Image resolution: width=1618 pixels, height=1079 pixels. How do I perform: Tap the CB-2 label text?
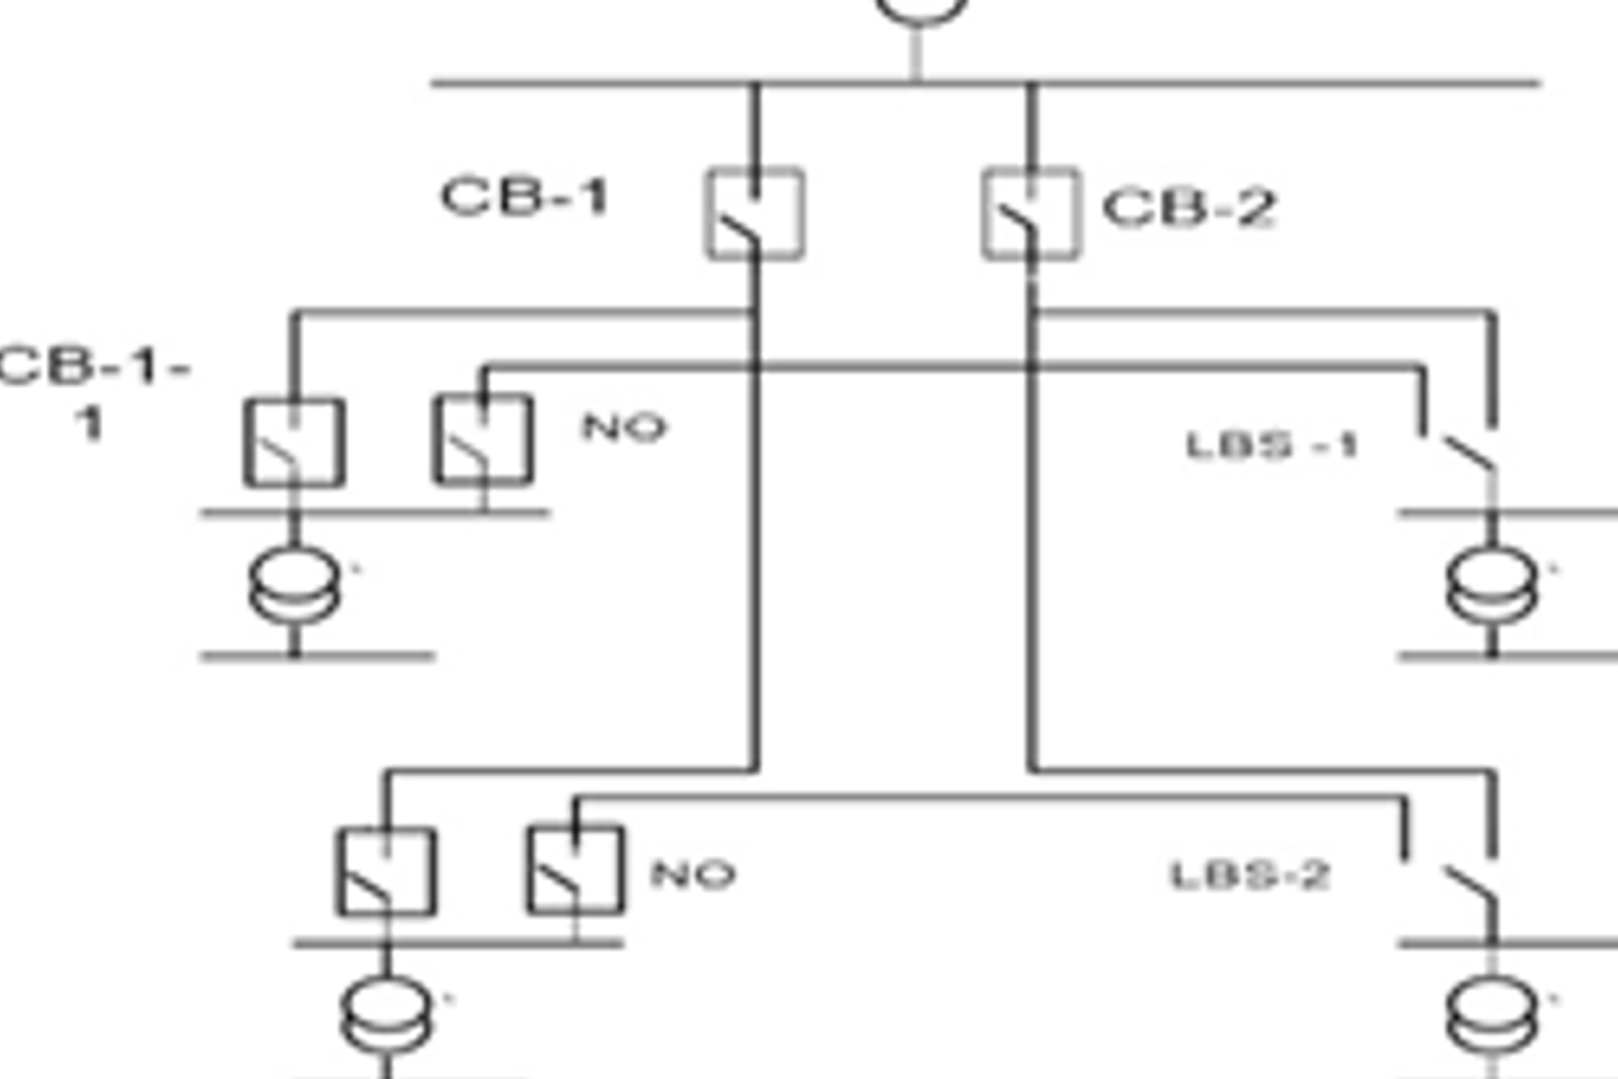click(1189, 208)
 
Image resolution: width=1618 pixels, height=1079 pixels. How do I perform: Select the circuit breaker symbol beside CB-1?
click(755, 213)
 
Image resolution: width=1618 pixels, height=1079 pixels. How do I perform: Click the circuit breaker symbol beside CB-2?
click(1031, 213)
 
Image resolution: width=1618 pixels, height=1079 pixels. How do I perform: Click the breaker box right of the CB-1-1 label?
click(294, 442)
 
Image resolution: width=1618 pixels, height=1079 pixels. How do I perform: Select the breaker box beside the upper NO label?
click(484, 439)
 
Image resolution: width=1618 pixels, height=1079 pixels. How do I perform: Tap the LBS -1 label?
click(1272, 446)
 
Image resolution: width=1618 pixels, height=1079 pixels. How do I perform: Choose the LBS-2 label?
click(1250, 875)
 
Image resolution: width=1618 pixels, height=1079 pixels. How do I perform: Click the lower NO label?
click(693, 874)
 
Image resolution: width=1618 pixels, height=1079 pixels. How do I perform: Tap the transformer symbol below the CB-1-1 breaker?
click(295, 585)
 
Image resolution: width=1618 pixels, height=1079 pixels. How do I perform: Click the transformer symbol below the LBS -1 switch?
click(1492, 585)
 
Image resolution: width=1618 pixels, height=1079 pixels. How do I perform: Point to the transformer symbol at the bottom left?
click(386, 1014)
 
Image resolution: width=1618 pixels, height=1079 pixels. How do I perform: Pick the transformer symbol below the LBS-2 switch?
click(1492, 1014)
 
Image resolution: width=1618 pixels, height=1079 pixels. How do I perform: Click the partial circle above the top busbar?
click(921, 9)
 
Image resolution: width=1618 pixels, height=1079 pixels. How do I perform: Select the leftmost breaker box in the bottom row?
click(386, 872)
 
